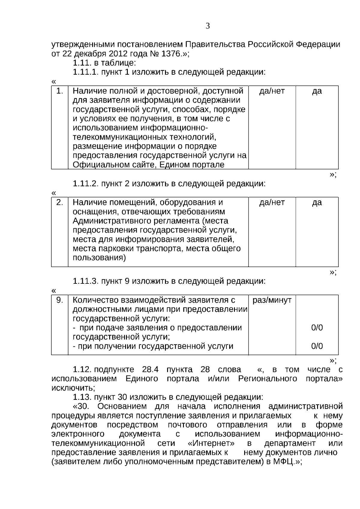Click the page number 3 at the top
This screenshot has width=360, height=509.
208,26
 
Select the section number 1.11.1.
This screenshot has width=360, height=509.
85,72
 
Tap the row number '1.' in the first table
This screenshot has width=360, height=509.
60,91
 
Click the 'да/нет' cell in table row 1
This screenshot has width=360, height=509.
272,91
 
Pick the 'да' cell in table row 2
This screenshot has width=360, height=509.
317,202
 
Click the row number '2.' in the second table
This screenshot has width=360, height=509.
60,202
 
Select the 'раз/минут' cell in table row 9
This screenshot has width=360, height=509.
272,300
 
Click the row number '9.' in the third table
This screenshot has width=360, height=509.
60,300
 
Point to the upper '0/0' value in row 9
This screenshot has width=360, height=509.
317,328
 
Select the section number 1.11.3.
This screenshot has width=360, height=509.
85,281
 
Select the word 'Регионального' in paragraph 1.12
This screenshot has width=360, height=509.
267,379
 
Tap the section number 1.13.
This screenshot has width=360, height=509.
82,397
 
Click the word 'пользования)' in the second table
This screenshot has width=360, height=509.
99,258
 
